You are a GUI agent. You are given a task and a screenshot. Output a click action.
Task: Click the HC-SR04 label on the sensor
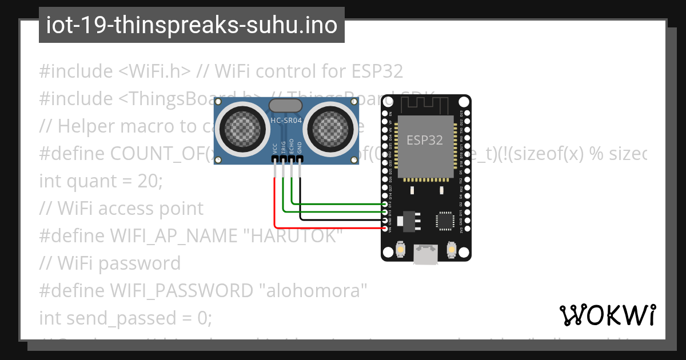tap(286, 121)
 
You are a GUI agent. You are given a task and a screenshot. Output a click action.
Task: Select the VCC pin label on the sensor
tap(275, 148)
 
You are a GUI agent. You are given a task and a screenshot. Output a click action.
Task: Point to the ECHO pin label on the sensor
tap(292, 147)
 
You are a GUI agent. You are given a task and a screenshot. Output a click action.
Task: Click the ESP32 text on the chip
tap(425, 140)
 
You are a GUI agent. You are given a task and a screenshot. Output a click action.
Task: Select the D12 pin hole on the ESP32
tap(385, 204)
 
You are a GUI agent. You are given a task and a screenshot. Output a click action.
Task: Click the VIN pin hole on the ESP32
tap(385, 228)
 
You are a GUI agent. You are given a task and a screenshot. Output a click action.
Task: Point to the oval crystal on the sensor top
tap(285, 105)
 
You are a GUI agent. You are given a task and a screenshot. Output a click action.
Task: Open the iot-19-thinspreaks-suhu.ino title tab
tap(192, 25)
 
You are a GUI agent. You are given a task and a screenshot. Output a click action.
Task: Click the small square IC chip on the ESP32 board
tap(444, 221)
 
